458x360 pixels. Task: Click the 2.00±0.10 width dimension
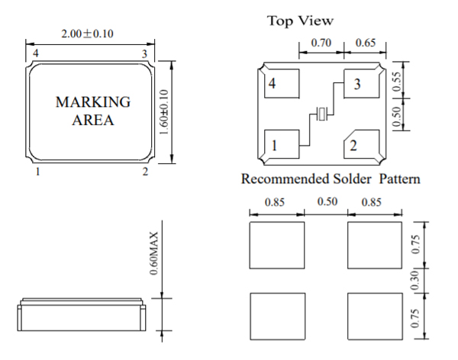click(x=87, y=34)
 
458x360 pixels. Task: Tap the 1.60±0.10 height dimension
click(x=164, y=112)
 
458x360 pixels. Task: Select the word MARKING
click(x=93, y=102)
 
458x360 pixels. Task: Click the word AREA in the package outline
click(x=93, y=120)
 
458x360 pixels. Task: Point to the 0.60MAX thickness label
click(x=153, y=253)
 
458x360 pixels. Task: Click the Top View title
click(x=300, y=21)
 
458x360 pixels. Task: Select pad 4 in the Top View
click(x=282, y=83)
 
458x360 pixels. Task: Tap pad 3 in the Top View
click(x=362, y=83)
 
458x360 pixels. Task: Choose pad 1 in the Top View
click(x=282, y=144)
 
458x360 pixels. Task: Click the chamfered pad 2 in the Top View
click(x=362, y=144)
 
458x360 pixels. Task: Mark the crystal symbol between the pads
click(x=321, y=114)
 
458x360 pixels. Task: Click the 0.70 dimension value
click(x=321, y=43)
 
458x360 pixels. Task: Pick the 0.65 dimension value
click(x=366, y=43)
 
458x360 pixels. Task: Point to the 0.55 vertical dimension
click(x=397, y=82)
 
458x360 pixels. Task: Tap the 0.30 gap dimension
click(x=414, y=281)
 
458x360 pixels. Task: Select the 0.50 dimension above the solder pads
click(x=327, y=202)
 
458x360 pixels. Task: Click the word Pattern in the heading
click(x=399, y=178)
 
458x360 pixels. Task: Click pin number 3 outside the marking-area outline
click(x=144, y=54)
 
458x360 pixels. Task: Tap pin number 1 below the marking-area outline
click(x=37, y=172)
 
